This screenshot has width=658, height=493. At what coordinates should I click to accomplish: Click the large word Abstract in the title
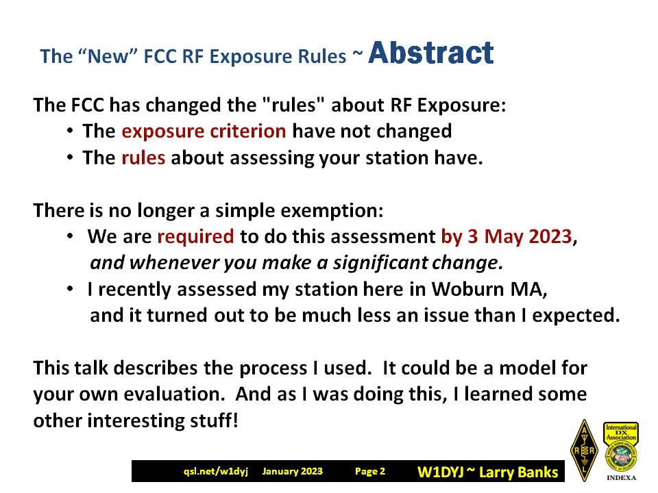[430, 53]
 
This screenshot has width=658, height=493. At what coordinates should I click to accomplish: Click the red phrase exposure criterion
[204, 131]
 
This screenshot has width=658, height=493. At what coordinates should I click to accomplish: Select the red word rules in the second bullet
[143, 157]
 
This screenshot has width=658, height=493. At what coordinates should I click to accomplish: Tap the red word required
[195, 237]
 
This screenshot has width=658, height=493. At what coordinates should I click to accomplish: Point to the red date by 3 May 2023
[507, 236]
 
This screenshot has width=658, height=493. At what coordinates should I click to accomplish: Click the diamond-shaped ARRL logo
[584, 451]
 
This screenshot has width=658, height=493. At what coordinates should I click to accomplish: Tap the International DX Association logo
[621, 446]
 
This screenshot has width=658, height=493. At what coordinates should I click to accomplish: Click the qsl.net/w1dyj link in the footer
[216, 471]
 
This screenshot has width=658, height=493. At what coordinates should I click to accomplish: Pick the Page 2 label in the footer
[369, 471]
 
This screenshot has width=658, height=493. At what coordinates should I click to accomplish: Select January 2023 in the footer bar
[293, 471]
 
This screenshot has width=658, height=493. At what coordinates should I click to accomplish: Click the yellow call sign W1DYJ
[440, 472]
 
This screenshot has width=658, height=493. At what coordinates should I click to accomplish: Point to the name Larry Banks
[519, 472]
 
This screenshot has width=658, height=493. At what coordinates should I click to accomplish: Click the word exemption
[332, 210]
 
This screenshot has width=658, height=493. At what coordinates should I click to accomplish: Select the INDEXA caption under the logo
[622, 477]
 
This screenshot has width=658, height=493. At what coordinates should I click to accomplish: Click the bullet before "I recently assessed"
[70, 289]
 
